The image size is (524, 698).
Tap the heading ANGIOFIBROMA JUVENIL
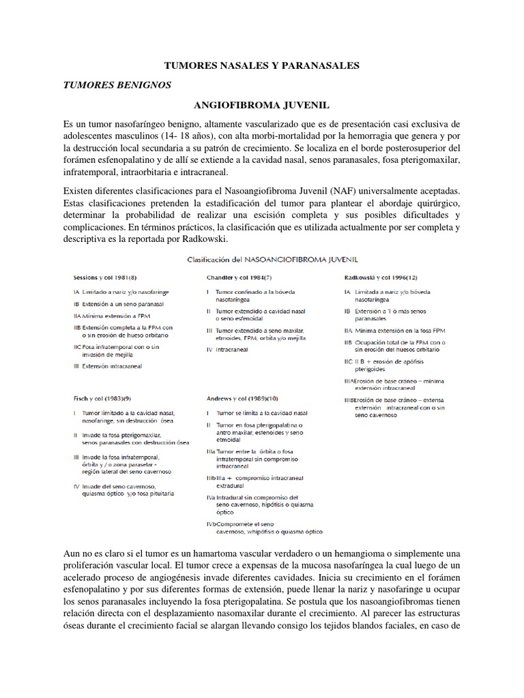tap(262, 106)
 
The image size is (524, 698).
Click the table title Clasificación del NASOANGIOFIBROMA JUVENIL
tap(262, 259)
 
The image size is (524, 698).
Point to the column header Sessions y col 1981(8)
tap(107, 277)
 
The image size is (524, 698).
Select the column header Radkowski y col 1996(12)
tap(381, 277)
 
